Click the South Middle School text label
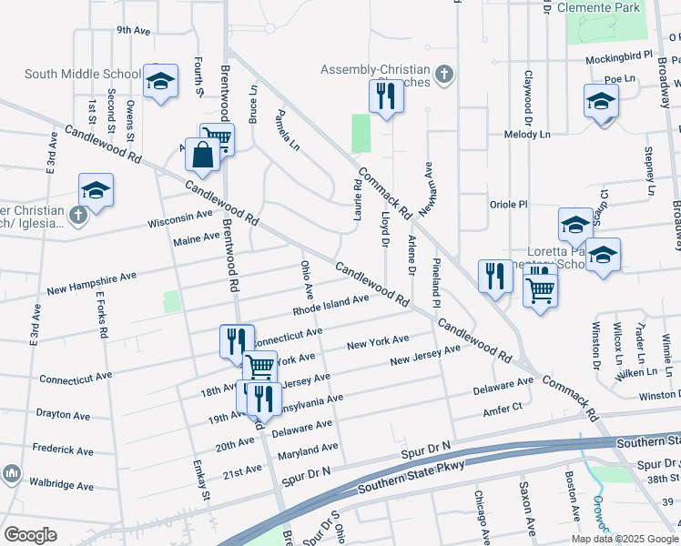(x=83, y=75)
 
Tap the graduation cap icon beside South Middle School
(x=160, y=82)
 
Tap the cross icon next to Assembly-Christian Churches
(x=443, y=74)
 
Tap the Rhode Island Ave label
(x=330, y=304)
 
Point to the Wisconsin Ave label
(x=179, y=219)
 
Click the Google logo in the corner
(x=30, y=534)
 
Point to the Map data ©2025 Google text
(x=624, y=539)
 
